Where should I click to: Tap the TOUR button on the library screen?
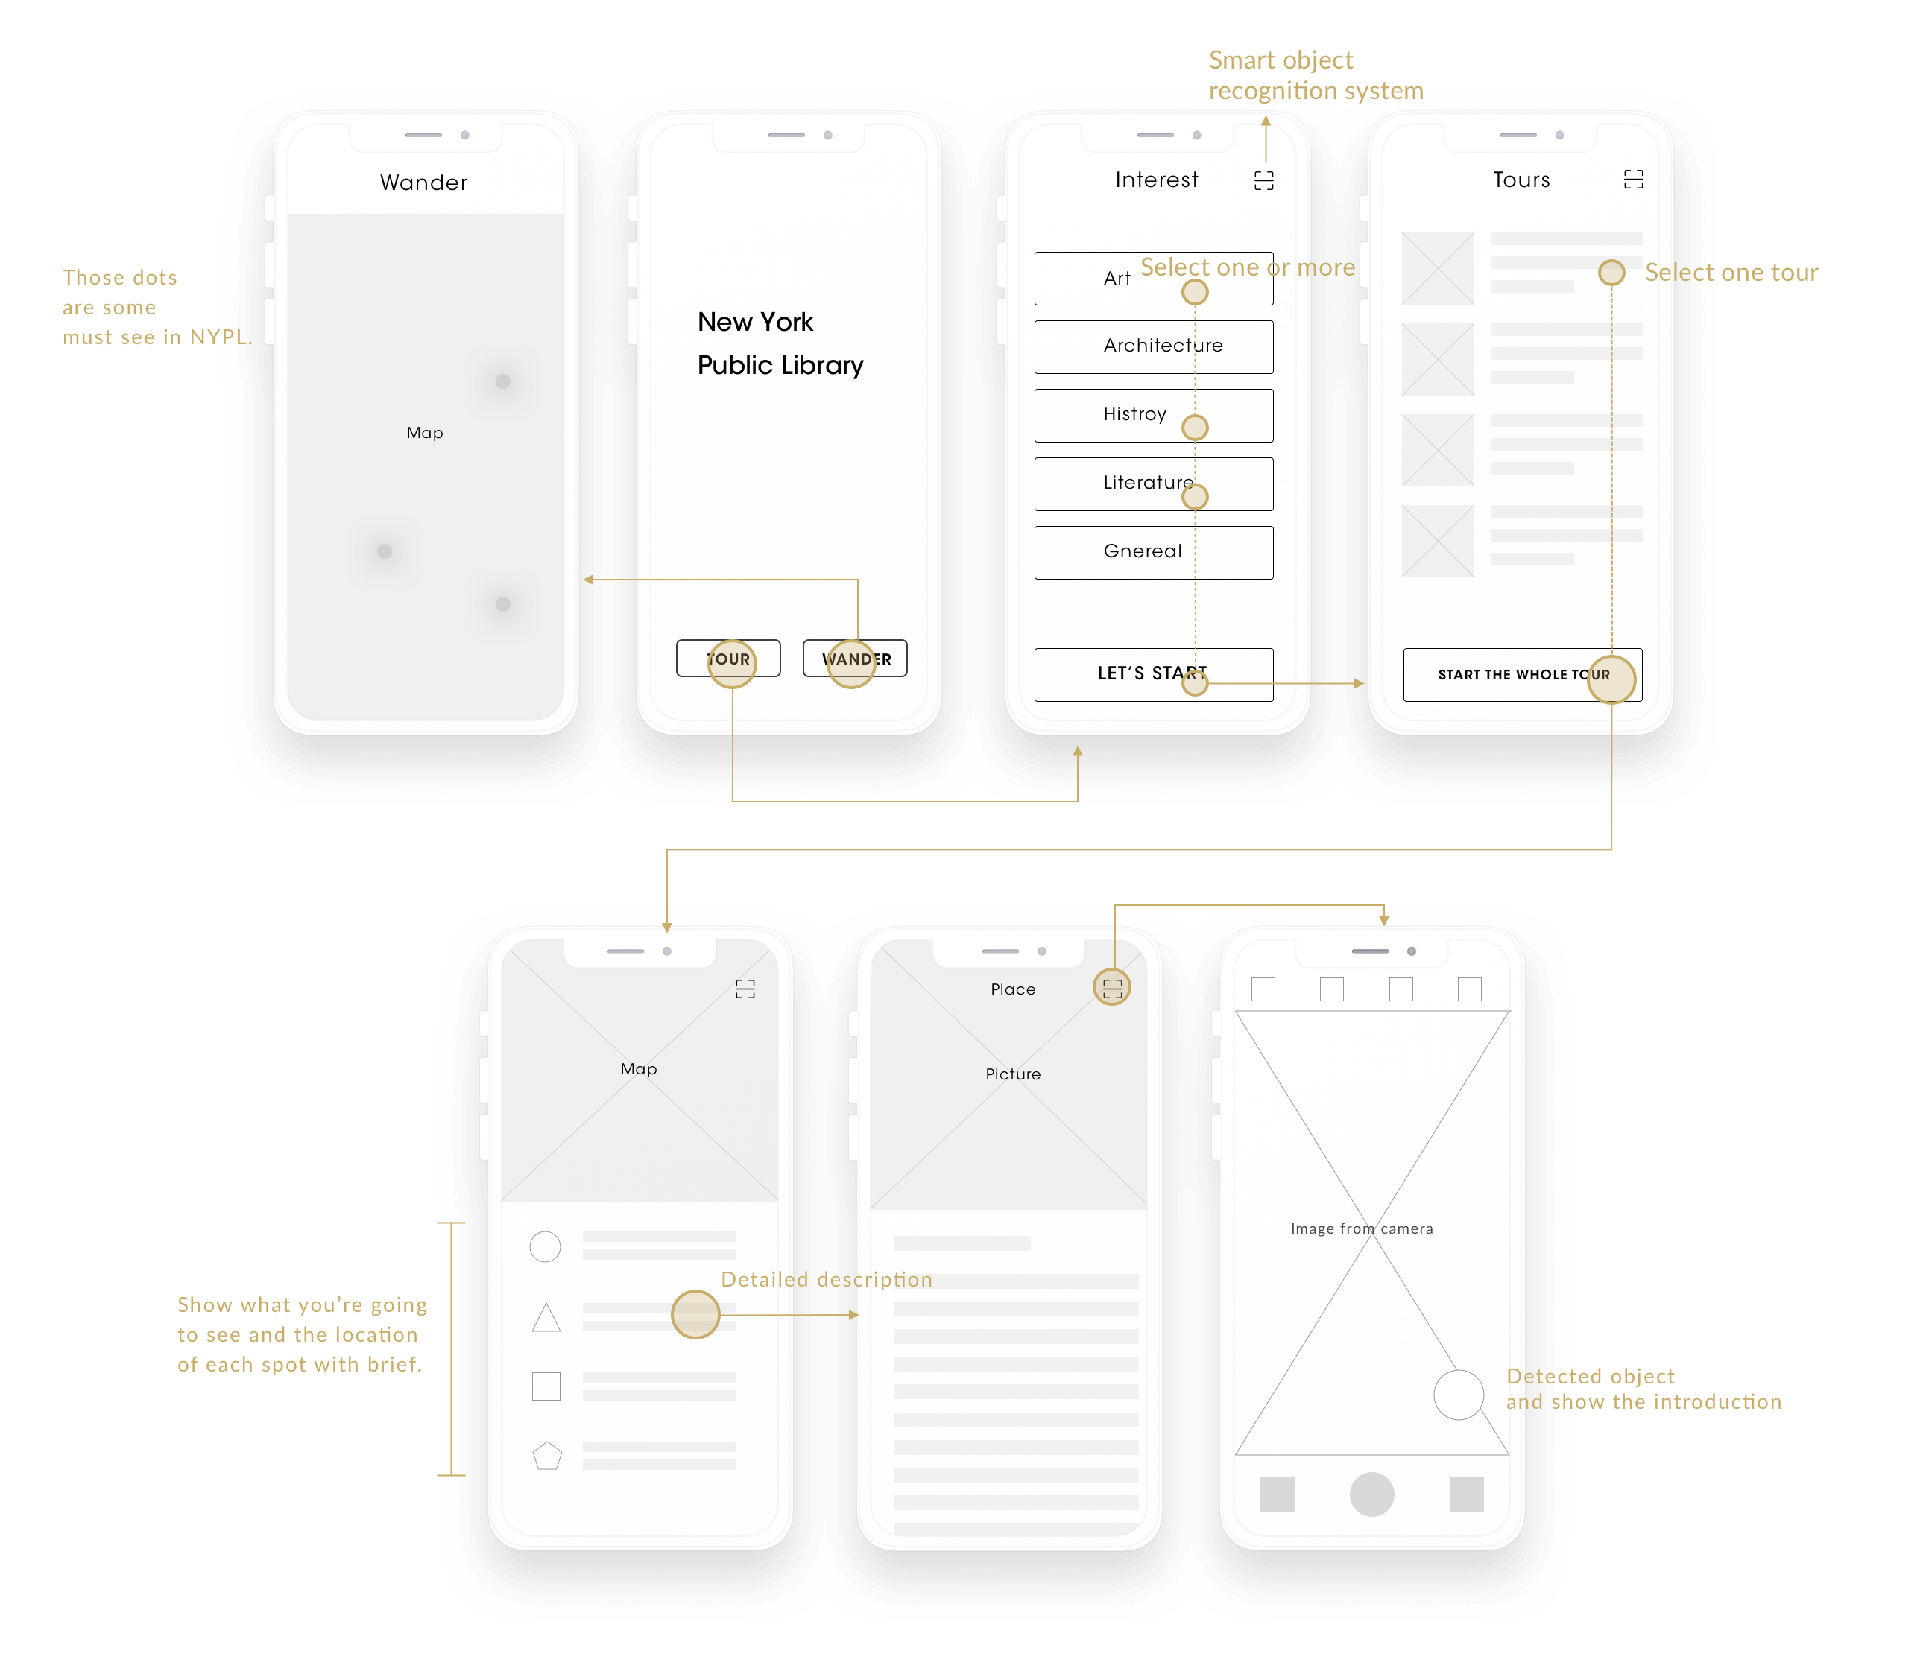coord(728,658)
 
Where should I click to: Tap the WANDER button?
coord(855,658)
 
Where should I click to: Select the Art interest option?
coord(1153,279)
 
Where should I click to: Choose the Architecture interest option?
coord(1153,346)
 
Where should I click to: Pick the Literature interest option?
coord(1153,484)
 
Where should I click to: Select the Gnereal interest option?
coord(1153,552)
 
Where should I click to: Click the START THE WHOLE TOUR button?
coord(1522,674)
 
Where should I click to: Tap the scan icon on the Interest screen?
coord(1263,180)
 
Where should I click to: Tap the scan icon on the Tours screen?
coord(1633,180)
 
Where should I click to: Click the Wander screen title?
coord(423,183)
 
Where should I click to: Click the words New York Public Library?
coord(780,343)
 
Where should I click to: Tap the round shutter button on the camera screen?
coord(1371,1494)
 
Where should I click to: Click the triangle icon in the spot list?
coord(546,1318)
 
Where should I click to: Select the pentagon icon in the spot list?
coord(546,1456)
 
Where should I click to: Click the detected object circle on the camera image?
coord(1459,1395)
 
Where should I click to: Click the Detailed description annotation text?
coord(826,1279)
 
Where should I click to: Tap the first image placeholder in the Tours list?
coord(1438,268)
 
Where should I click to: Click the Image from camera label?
coord(1362,1228)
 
